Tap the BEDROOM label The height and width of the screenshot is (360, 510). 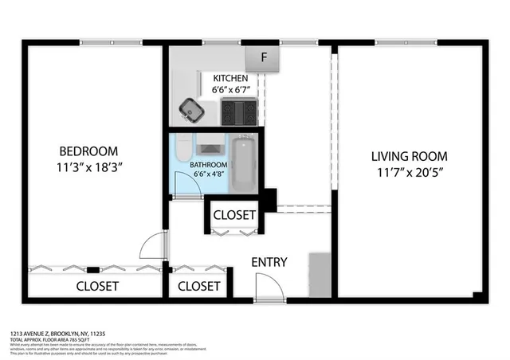point(88,151)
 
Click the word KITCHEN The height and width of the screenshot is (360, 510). point(231,78)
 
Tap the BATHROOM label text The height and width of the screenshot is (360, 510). point(209,165)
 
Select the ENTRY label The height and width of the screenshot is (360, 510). point(269,262)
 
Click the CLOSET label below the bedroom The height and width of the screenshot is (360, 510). point(97,286)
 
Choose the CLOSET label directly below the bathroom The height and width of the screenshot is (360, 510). point(234,215)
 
